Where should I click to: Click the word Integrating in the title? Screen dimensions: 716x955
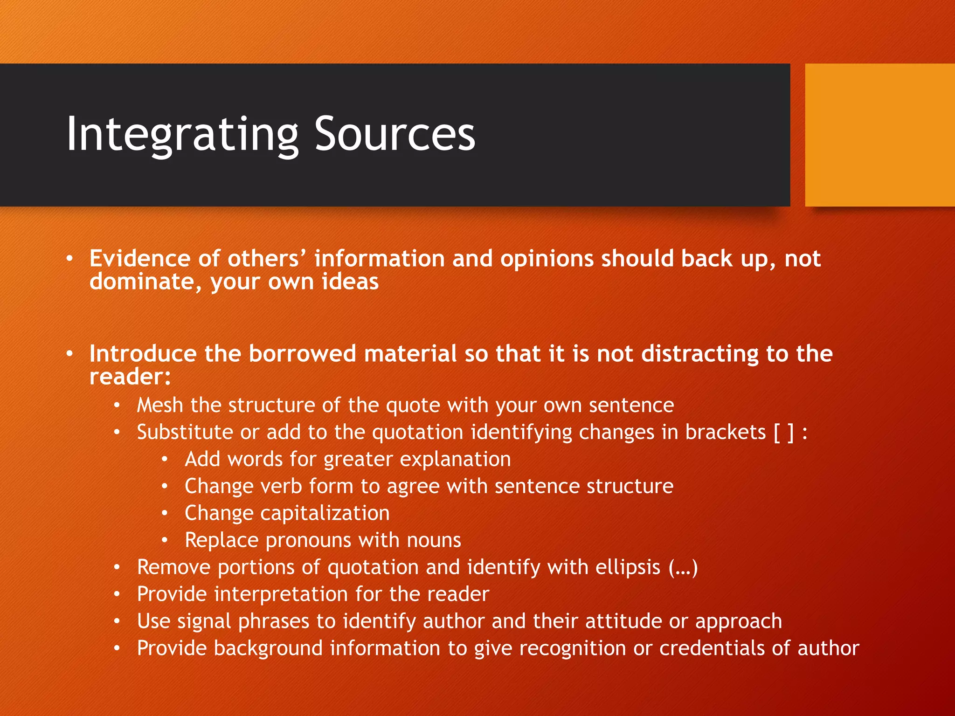[x=182, y=135]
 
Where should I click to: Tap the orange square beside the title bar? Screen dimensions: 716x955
[x=879, y=135]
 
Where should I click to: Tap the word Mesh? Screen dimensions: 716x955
[x=159, y=405]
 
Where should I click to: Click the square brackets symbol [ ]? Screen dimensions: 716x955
[x=783, y=433]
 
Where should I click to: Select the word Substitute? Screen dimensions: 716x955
[x=185, y=432]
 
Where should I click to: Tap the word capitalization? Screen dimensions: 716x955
[x=325, y=513]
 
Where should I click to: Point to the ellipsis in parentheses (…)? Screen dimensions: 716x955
[x=683, y=567]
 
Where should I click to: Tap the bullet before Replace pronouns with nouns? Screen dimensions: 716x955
[x=165, y=540]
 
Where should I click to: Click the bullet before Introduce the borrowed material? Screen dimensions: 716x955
[x=69, y=354]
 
